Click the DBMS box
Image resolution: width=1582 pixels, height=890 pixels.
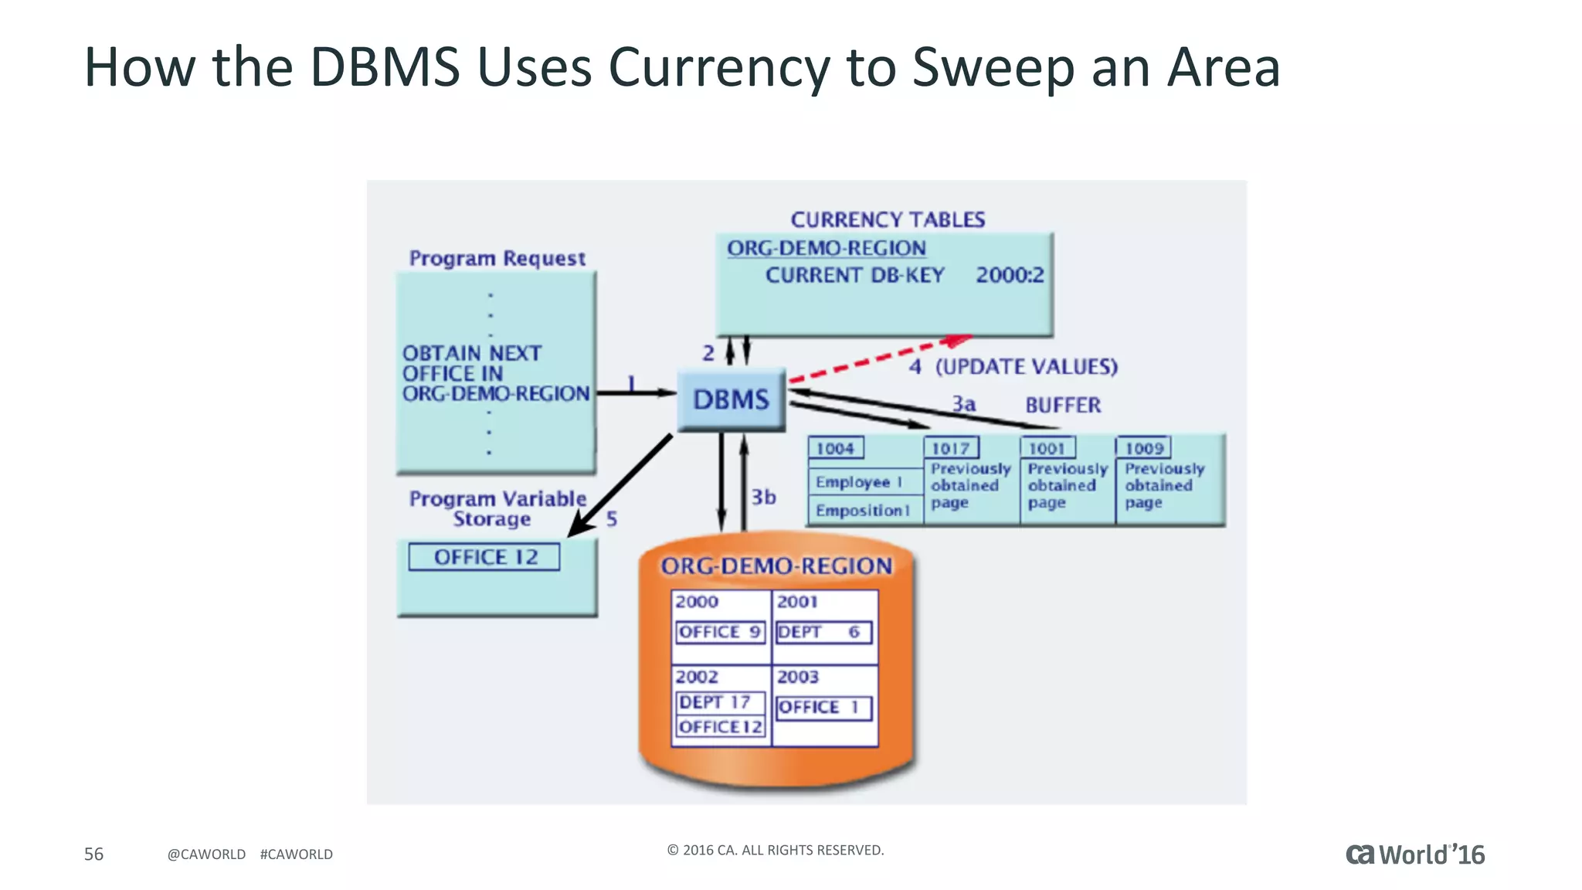[731, 399]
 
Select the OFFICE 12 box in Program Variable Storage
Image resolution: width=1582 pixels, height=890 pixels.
[484, 557]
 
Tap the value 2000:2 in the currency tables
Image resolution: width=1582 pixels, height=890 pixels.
[1009, 275]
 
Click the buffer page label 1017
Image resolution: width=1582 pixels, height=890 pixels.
[950, 448]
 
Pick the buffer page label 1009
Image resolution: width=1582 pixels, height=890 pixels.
[1143, 448]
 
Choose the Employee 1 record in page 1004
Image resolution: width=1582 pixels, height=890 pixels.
[858, 482]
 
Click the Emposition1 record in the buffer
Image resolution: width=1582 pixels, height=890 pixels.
[862, 511]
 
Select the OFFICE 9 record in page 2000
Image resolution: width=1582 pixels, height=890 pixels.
[719, 632]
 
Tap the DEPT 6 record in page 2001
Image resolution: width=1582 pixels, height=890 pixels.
[823, 632]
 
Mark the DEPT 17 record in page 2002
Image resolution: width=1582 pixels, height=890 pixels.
[719, 701]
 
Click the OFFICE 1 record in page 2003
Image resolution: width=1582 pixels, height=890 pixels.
[823, 707]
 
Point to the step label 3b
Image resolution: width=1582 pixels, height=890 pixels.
[763, 497]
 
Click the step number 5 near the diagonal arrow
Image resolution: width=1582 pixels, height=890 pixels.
[612, 518]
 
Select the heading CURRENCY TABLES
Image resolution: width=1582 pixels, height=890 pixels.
[888, 219]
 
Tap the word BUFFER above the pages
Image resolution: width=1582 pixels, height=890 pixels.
[1063, 405]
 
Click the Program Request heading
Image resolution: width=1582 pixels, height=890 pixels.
[497, 258]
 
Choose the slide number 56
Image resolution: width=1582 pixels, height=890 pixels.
[93, 854]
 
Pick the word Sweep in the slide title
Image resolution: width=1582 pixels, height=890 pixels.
[993, 67]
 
